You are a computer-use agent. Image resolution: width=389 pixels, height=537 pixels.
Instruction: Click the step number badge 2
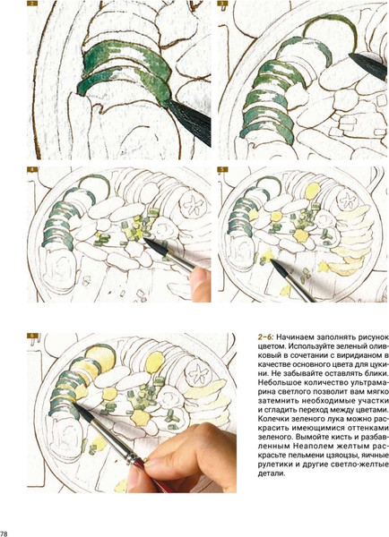click(32, 4)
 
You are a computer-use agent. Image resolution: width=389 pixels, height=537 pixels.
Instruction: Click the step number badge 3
click(222, 4)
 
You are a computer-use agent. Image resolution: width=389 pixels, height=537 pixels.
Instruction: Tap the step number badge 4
click(32, 169)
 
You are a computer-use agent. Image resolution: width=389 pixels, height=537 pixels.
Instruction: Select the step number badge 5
click(222, 169)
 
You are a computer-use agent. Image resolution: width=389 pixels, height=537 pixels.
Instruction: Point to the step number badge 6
click(32, 336)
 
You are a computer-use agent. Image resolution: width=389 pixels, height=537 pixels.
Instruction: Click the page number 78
click(4, 533)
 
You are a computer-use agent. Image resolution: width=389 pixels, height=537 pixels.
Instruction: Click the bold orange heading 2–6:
click(265, 337)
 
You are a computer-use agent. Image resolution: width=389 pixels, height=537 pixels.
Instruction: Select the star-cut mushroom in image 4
click(192, 204)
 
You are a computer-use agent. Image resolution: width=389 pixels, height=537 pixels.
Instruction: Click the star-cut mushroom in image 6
click(198, 372)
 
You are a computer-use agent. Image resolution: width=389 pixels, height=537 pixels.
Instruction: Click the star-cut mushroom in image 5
click(348, 200)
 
